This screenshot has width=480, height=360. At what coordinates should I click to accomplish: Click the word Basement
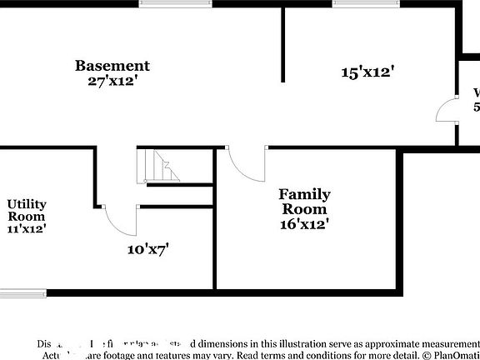coord(112,66)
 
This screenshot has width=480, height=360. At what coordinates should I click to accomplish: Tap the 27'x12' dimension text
coord(112,81)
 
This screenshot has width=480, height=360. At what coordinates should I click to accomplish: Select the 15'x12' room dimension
coord(367,72)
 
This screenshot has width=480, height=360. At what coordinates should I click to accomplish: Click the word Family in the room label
coord(304,194)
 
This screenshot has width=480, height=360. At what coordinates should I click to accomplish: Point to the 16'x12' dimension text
coord(304,222)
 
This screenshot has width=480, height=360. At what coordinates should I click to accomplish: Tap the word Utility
coord(27,203)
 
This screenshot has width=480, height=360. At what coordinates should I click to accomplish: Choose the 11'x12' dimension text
coord(27,228)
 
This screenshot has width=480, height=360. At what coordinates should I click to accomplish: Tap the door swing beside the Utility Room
coord(121,221)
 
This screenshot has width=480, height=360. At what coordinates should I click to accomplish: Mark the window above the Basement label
coord(162,4)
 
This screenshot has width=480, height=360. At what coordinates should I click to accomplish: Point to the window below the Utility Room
coord(23,292)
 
